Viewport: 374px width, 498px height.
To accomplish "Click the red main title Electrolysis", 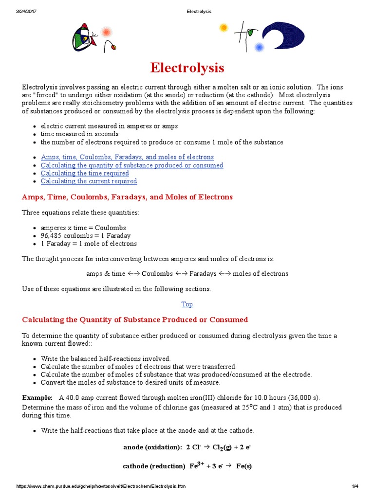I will (x=187, y=67).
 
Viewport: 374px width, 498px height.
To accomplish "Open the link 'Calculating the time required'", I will (x=85, y=173).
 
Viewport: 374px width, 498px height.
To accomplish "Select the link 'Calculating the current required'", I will (x=89, y=181).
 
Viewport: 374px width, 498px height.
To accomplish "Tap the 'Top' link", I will (x=187, y=304).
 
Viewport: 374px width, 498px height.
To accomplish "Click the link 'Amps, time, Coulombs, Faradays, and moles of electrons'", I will (x=127, y=157).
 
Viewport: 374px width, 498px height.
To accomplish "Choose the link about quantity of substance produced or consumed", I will (x=132, y=165).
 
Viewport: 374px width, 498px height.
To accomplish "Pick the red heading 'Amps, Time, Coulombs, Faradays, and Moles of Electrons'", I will (x=127, y=197).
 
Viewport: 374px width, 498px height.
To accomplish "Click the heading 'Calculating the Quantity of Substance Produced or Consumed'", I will (x=135, y=320).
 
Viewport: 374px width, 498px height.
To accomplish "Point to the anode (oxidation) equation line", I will (x=187, y=446).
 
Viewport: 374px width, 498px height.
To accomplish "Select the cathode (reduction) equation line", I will (x=187, y=466).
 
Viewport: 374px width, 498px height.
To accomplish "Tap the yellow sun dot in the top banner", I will (x=224, y=28).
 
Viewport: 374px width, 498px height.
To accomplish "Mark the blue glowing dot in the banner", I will (x=259, y=47).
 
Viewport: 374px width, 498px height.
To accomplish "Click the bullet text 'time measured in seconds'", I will (x=79, y=134).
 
